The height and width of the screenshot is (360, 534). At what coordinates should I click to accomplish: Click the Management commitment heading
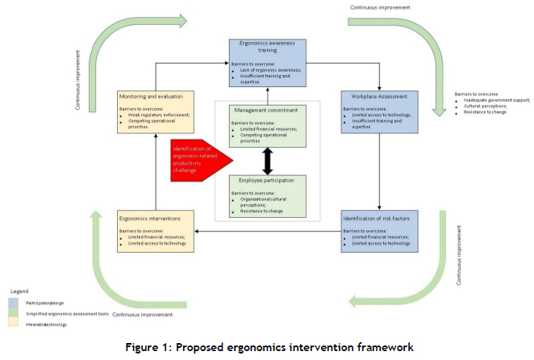[x=265, y=110]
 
